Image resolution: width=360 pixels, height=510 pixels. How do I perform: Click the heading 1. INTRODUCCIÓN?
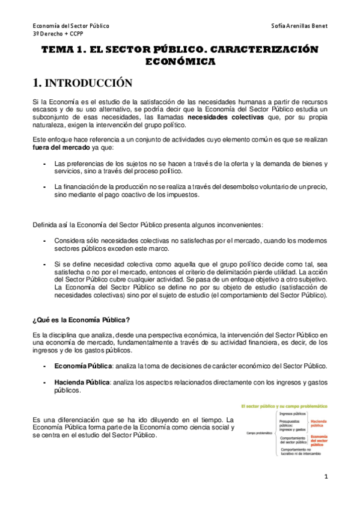pyautogui.click(x=81, y=82)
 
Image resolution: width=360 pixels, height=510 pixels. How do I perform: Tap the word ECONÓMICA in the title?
pyautogui.click(x=180, y=61)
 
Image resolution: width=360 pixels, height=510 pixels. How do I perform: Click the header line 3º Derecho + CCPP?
pyautogui.click(x=58, y=35)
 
